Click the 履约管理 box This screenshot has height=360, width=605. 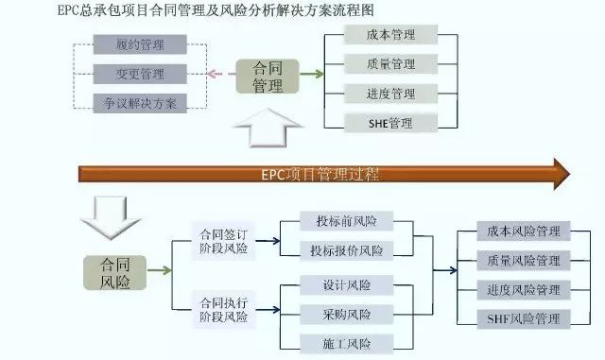(140, 44)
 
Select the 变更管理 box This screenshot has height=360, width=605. (140, 74)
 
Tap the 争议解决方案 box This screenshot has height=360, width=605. (140, 103)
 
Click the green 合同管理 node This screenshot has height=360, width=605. (268, 77)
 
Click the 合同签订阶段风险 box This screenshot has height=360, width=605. (223, 243)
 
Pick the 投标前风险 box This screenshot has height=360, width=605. (347, 222)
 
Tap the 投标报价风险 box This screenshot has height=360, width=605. (347, 250)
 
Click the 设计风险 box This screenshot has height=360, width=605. (347, 284)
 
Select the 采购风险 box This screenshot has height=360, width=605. (347, 314)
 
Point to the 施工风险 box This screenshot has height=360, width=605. (347, 343)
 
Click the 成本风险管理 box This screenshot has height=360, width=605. (523, 231)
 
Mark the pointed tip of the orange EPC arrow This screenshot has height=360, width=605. (570, 174)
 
